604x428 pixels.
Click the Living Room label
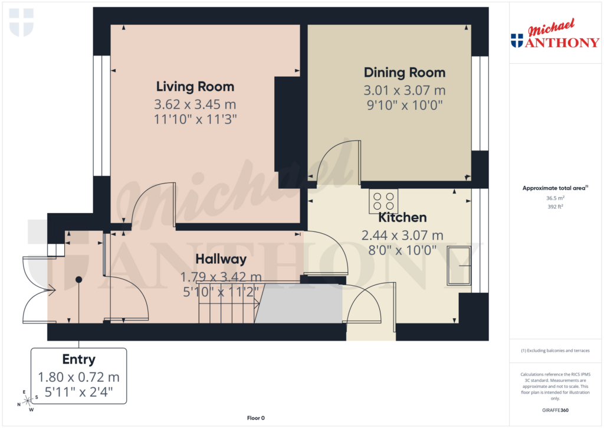(195, 87)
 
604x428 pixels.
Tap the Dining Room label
(404, 73)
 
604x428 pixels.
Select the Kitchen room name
(402, 218)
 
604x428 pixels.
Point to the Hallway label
(221, 259)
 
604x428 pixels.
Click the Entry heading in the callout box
(78, 360)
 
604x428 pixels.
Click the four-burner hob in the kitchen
(383, 201)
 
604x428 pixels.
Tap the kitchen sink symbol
(459, 266)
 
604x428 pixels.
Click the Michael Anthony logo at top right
(554, 35)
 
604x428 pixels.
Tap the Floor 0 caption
(256, 418)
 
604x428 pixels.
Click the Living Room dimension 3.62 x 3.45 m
(195, 104)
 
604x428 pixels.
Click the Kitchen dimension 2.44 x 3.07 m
(402, 236)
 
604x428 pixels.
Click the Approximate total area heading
(555, 188)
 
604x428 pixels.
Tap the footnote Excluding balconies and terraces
(556, 351)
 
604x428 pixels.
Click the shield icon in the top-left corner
(22, 22)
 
